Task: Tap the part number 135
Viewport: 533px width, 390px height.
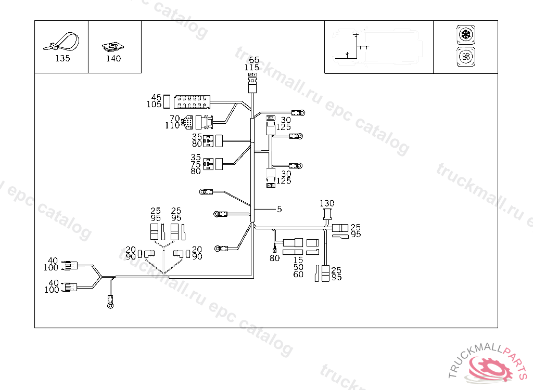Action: pos(62,59)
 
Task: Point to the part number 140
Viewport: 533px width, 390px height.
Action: pos(113,59)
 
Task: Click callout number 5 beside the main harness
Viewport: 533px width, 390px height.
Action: pos(280,209)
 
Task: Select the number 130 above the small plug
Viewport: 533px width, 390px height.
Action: pos(327,203)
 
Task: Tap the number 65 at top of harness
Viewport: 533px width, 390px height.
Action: pos(253,60)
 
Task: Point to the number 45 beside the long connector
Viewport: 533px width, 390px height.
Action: pos(156,97)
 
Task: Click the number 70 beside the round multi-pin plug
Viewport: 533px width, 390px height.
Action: pos(174,118)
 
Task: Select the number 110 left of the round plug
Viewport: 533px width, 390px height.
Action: pos(172,125)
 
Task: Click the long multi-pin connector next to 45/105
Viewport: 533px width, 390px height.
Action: pos(191,101)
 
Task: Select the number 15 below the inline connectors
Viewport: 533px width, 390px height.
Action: pos(298,259)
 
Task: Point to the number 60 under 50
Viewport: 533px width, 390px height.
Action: pos(298,274)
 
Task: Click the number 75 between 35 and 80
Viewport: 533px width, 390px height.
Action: pos(196,164)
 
